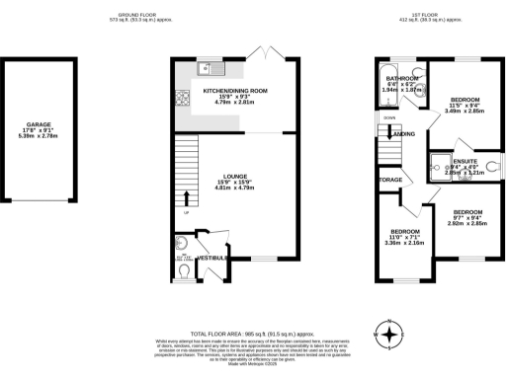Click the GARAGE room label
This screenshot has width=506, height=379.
point(40,125)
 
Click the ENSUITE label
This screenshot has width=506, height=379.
point(465,160)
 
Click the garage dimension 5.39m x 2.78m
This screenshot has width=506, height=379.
point(40,137)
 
